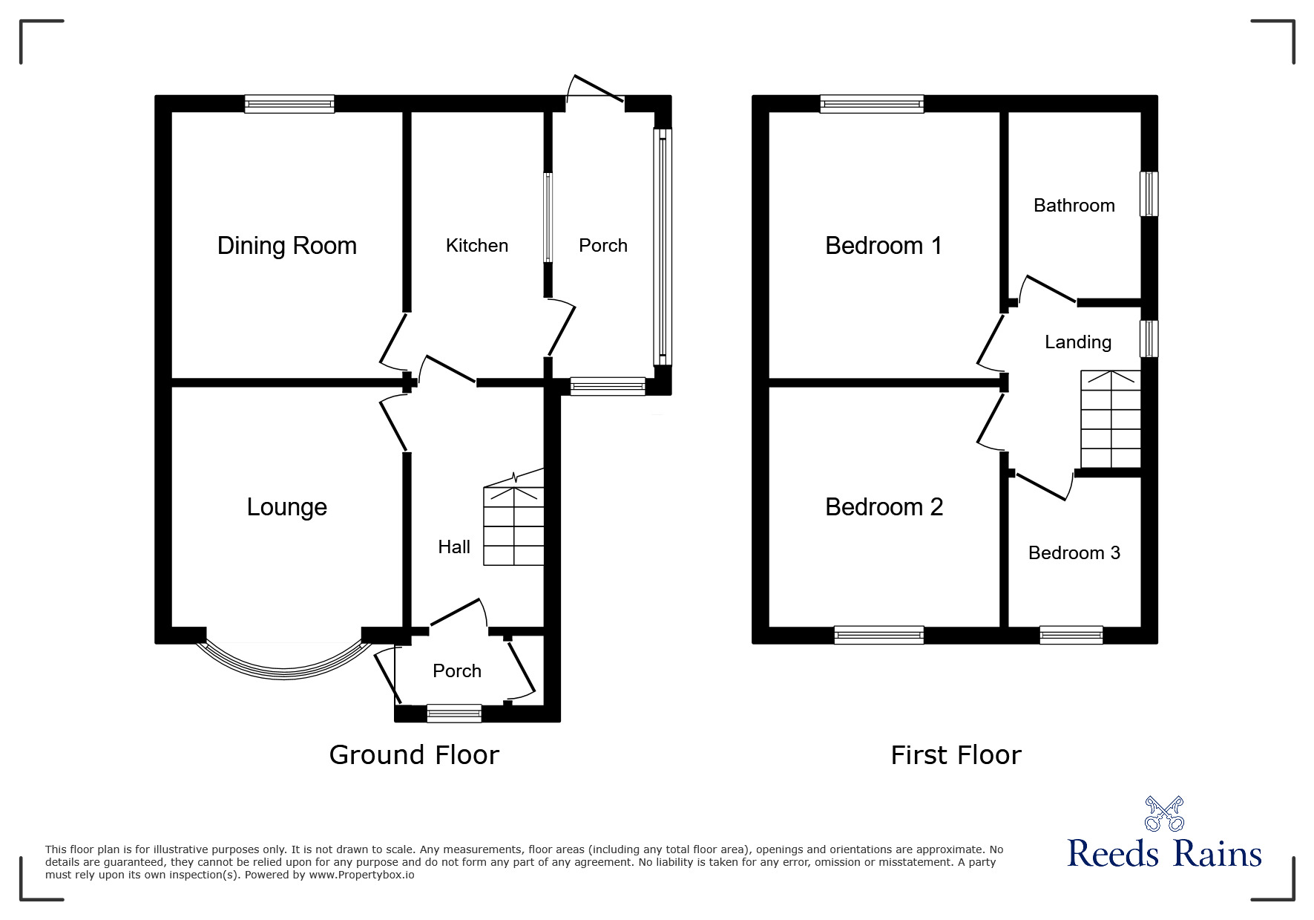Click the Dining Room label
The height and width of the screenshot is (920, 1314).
pos(286,246)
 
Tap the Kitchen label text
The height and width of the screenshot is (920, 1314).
pos(476,246)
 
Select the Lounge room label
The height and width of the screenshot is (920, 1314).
pos(286,507)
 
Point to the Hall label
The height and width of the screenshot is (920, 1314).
pos(453,547)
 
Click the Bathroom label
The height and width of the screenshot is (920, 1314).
pos(1074,206)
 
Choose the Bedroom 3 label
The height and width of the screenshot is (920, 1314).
pos(1074,553)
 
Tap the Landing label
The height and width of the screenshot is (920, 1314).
pos(1077,342)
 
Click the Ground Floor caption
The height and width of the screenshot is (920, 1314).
pos(414,755)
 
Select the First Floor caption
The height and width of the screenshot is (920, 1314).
pos(956,755)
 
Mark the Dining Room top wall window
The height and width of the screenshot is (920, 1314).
pos(289,104)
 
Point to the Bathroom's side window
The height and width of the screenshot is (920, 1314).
pos(1149,194)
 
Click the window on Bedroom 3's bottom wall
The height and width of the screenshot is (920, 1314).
pos(1071,635)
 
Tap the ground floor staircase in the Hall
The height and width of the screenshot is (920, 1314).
pos(513,526)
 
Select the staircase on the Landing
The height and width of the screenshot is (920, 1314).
pos(1110,419)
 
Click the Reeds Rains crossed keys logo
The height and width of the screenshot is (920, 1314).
pos(1163,814)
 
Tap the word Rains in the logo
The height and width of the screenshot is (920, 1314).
pos(1217,854)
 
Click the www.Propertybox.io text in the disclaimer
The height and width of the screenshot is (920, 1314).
pos(361,875)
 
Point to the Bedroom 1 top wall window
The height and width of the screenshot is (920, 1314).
pos(871,104)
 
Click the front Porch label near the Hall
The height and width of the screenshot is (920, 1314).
pos(456,671)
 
